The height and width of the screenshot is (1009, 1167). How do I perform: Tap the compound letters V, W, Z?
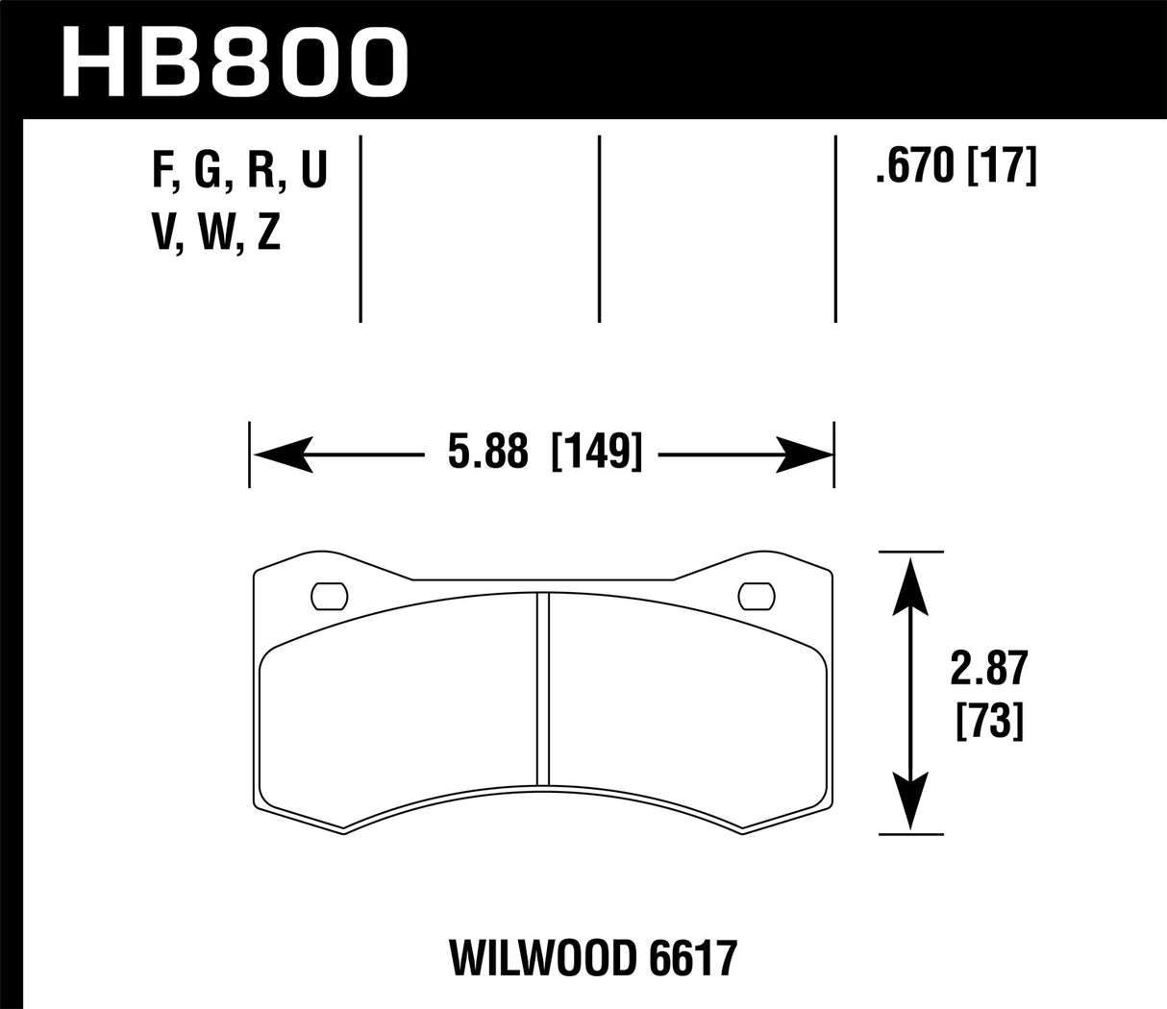tap(215, 234)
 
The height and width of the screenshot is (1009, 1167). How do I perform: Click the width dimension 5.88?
tap(488, 452)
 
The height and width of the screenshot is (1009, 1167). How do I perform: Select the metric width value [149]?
tap(595, 452)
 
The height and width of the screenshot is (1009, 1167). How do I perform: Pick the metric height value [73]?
tap(988, 721)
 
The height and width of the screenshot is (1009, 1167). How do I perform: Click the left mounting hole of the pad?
tap(330, 597)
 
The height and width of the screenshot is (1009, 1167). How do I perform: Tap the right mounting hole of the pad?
tap(756, 597)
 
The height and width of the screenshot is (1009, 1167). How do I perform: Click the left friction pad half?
tap(399, 706)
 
